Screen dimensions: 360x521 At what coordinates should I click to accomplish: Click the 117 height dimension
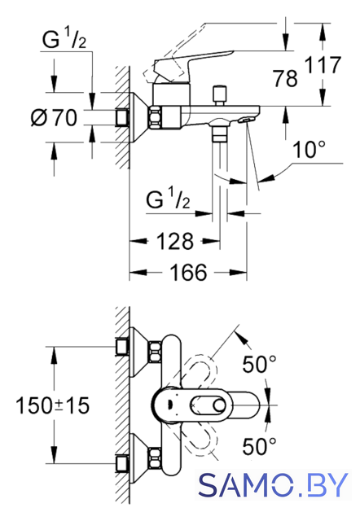(x=323, y=65)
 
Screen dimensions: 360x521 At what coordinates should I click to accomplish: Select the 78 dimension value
(x=285, y=78)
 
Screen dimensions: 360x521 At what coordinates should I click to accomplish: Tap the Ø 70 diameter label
(x=54, y=117)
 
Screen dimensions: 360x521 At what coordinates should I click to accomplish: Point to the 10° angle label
(x=309, y=150)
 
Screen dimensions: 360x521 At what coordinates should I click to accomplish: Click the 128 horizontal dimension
(x=175, y=241)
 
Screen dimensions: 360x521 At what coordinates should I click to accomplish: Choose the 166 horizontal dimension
(x=188, y=273)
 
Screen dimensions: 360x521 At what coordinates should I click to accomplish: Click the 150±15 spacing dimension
(x=52, y=405)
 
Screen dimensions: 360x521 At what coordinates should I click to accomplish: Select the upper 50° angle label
(x=259, y=364)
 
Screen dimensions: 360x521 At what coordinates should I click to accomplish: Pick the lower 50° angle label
(x=259, y=446)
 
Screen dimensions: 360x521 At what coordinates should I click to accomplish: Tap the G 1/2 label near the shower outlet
(x=169, y=198)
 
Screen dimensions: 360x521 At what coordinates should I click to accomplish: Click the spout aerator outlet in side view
(x=246, y=120)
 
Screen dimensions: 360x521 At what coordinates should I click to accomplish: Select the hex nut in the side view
(x=155, y=117)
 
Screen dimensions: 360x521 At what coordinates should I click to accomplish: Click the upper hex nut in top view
(x=155, y=352)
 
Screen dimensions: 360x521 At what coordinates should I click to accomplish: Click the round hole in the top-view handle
(x=220, y=405)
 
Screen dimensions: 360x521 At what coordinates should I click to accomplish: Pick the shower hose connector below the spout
(x=220, y=134)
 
